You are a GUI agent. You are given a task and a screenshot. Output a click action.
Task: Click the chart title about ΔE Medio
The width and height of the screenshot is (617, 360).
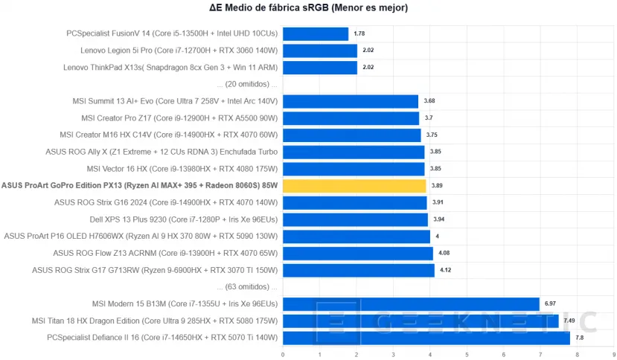(308, 8)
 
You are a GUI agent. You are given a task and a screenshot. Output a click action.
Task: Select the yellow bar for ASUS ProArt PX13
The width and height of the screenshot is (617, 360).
(354, 185)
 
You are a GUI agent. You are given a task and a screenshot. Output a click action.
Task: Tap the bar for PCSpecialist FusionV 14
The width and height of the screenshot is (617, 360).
(315, 33)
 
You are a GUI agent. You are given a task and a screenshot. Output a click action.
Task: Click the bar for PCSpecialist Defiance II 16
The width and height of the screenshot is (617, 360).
(426, 338)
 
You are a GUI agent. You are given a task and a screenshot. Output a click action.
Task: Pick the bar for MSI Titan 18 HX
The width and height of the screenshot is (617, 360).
(420, 321)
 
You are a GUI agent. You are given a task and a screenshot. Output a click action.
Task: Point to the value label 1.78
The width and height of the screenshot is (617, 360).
(359, 33)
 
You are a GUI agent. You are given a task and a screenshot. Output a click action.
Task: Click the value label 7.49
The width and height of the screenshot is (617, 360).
(570, 321)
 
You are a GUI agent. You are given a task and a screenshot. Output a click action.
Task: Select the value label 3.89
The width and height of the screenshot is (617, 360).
(437, 185)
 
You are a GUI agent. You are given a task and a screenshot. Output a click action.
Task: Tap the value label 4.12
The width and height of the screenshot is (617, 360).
(446, 270)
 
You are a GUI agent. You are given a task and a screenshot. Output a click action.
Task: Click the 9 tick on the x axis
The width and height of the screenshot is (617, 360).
(613, 354)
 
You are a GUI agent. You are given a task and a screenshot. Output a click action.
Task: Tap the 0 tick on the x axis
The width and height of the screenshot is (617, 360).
(283, 354)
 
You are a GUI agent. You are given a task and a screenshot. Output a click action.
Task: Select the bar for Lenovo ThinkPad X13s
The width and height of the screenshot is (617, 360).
(319, 68)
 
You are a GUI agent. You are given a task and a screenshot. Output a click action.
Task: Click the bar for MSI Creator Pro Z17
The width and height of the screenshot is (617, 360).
(350, 118)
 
